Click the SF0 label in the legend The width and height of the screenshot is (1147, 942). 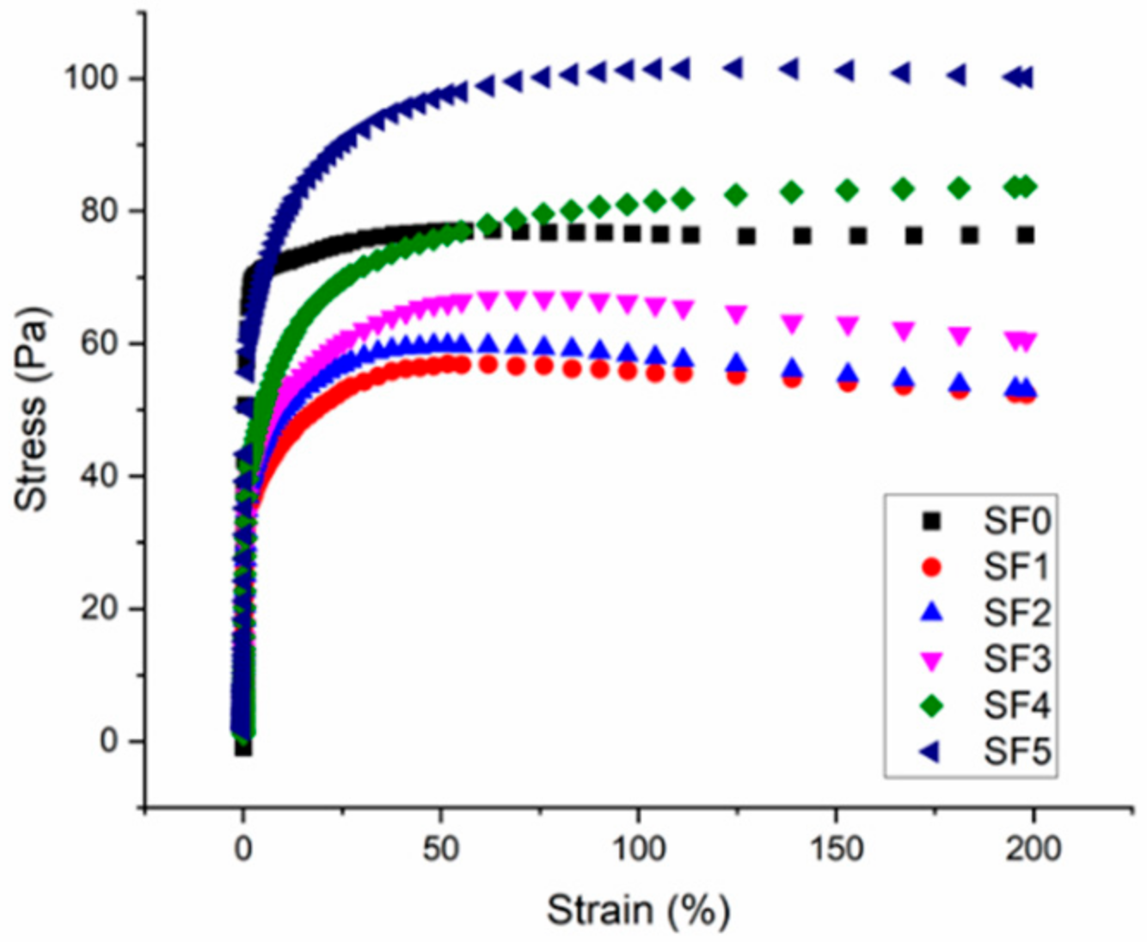(x=1016, y=521)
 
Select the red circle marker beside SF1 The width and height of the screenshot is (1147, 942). (x=931, y=567)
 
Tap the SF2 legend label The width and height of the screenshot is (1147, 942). (x=1016, y=613)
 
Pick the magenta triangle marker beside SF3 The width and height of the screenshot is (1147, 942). (x=931, y=660)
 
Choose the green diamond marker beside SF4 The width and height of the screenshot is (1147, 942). (x=931, y=706)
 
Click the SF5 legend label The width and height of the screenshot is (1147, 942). (x=1016, y=753)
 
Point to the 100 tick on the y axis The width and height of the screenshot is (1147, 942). (x=91, y=78)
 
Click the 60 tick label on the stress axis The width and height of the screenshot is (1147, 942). (x=99, y=343)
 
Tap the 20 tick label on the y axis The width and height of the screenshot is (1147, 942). (x=99, y=608)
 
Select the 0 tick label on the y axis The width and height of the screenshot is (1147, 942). (x=108, y=741)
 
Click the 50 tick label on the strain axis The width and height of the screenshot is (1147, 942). (x=440, y=849)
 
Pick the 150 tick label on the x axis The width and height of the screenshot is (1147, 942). (x=836, y=849)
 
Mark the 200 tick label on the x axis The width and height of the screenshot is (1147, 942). (x=1033, y=849)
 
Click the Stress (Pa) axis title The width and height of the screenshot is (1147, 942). (x=32, y=409)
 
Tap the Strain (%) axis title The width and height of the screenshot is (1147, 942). (x=638, y=909)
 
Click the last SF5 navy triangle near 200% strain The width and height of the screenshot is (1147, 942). (x=1025, y=77)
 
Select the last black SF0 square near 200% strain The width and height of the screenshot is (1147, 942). (x=1025, y=235)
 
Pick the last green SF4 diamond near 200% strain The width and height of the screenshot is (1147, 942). (x=1025, y=186)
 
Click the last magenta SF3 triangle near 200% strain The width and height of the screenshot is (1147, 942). (x=1026, y=342)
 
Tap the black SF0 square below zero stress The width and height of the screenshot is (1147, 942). (x=243, y=748)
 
